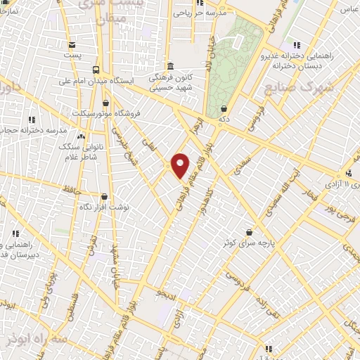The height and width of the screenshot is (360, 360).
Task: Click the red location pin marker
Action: (180, 165)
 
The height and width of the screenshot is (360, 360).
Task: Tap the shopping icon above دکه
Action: (224, 108)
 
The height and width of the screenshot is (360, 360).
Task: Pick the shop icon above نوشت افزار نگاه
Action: (104, 198)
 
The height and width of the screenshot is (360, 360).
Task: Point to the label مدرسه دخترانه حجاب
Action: (30, 131)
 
